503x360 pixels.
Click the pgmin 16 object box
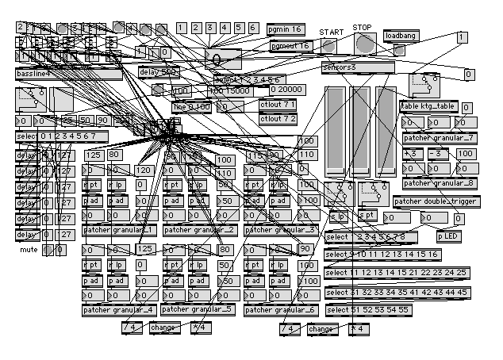click(285, 29)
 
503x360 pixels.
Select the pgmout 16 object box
click(290, 46)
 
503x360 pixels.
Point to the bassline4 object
click(67, 73)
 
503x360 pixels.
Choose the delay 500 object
click(158, 72)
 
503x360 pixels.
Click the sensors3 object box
click(358, 68)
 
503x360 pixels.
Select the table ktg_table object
click(428, 105)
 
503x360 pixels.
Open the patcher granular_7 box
click(439, 138)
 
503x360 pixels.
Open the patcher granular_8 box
click(439, 183)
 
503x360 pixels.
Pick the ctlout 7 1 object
click(278, 105)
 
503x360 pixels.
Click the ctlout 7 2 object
click(278, 118)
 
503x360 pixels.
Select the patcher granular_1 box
click(119, 230)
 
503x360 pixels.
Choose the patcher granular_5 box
click(198, 309)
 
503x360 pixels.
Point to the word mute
click(29, 250)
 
